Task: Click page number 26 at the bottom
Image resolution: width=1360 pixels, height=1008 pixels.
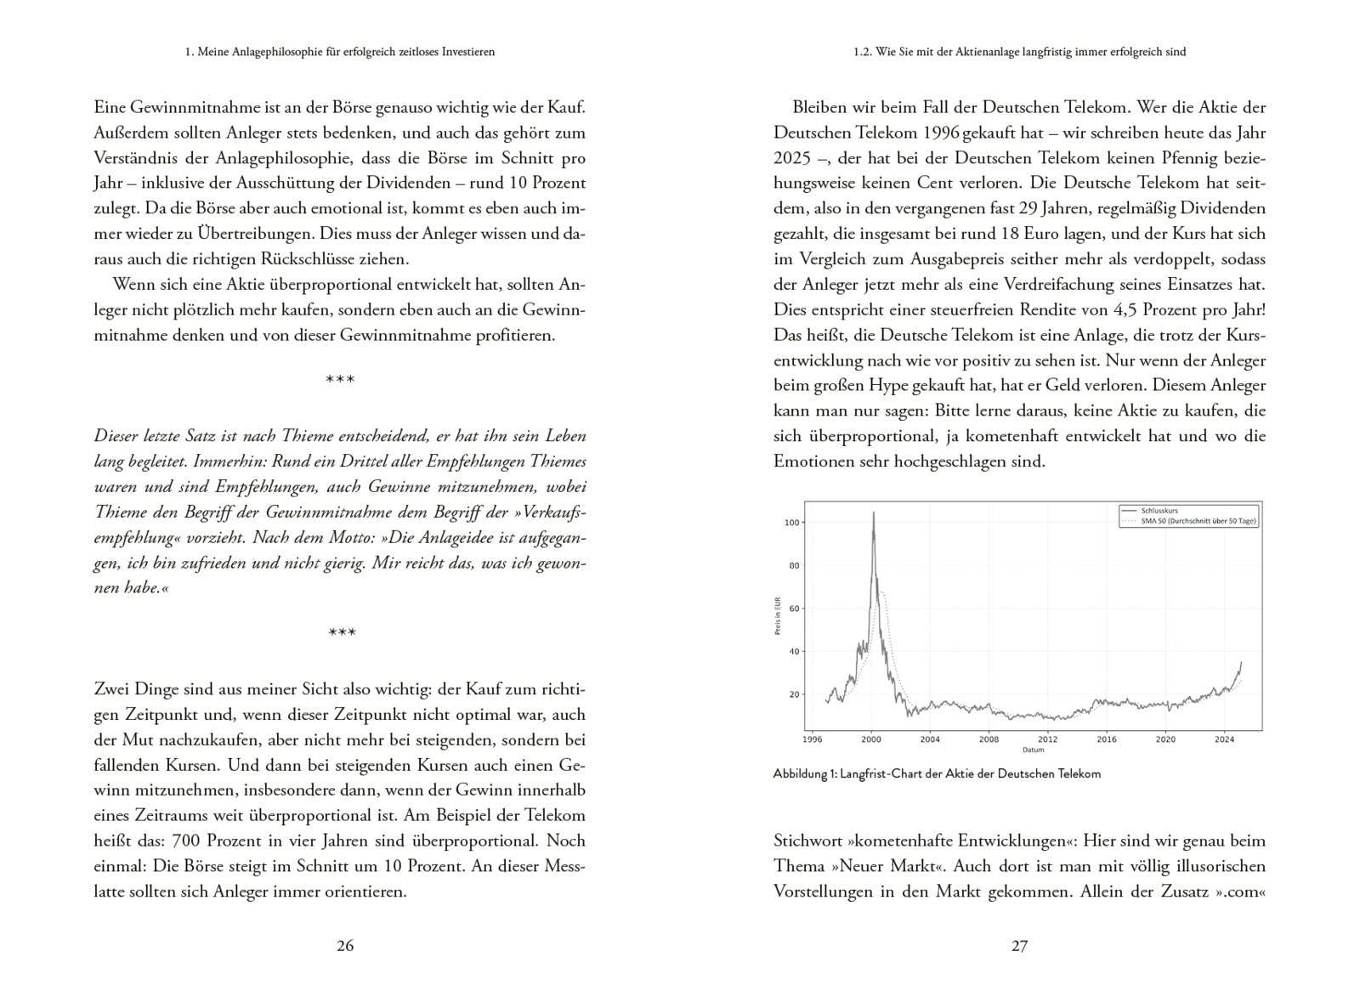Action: [345, 945]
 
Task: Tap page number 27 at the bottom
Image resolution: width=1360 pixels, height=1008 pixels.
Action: [1019, 945]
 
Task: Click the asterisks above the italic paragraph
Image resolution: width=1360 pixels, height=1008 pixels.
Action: [340, 379]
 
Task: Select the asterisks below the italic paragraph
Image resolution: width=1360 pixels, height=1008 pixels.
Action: [342, 632]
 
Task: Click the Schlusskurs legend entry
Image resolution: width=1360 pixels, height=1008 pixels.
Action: [1161, 510]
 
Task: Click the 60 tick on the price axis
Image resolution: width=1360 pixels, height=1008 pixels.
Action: [794, 609]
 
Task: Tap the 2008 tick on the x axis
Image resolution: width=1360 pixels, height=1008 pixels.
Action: [989, 739]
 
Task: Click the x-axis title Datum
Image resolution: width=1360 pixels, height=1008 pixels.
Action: [1033, 750]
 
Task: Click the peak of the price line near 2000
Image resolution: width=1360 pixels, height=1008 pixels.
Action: [873, 512]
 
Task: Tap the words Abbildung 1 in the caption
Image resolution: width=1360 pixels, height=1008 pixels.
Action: [803, 774]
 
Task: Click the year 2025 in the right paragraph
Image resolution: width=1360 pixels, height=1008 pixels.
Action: [791, 158]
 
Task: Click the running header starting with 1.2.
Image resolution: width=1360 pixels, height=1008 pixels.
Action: [1019, 52]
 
